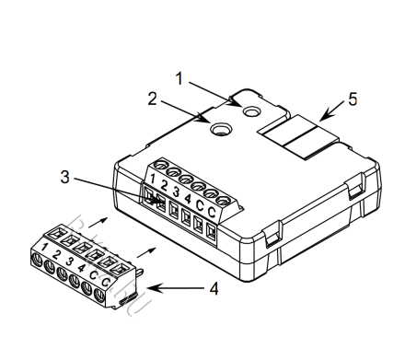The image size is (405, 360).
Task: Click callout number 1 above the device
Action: point(179,78)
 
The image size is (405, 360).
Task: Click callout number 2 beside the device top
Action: point(152,99)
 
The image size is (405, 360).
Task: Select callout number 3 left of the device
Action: point(64,177)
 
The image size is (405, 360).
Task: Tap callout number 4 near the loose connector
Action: point(214,289)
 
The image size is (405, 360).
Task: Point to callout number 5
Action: point(353,99)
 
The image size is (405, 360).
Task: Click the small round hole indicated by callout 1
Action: point(251,110)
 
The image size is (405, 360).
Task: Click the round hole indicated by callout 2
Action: point(220,128)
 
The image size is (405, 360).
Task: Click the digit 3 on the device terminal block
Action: point(176,192)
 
